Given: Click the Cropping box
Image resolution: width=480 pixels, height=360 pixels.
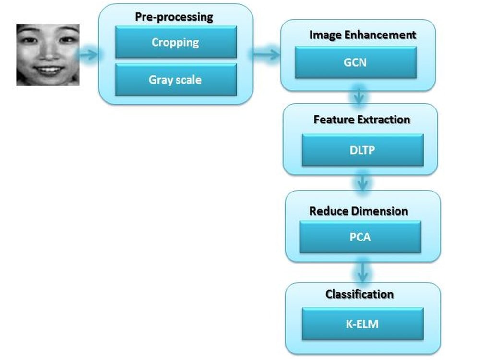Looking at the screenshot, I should coord(176,42).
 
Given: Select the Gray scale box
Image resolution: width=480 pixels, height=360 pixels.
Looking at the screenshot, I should coord(176,80).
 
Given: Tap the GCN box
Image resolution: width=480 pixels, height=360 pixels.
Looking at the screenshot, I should coord(356,62).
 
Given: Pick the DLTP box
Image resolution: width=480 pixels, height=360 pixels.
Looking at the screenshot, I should coord(362,150).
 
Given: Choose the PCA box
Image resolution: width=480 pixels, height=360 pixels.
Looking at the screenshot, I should coord(360,237).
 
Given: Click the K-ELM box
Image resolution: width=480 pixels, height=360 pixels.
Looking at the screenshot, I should coord(362,324).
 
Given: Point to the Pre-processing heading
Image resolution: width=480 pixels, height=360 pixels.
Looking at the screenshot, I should coord(174,17).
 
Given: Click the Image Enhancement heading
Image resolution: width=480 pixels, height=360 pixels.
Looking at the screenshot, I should coord(362,35).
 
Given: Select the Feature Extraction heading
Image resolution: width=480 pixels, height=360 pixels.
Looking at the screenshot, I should coord(362,120).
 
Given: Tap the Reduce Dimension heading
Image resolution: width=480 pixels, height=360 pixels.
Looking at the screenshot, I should coord(358,211).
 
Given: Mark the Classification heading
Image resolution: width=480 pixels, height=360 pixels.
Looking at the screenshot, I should coord(360,294).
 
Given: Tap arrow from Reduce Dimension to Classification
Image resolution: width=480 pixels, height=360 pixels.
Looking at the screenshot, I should coord(363,272).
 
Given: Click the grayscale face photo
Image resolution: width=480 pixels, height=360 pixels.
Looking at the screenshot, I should coord(48,55).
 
